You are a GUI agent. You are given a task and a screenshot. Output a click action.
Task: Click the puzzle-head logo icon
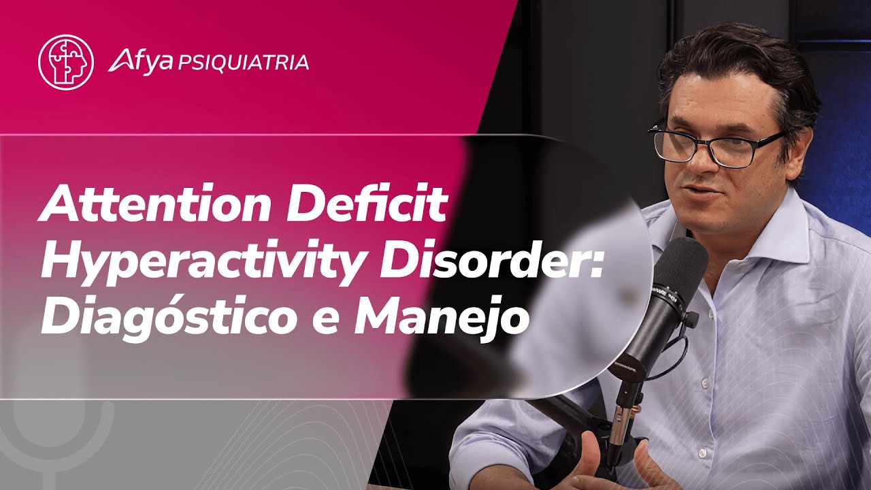click(x=65, y=62)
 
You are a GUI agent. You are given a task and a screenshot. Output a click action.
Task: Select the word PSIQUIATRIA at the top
click(x=243, y=63)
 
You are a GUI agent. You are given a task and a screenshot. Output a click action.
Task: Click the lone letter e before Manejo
click(x=327, y=321)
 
